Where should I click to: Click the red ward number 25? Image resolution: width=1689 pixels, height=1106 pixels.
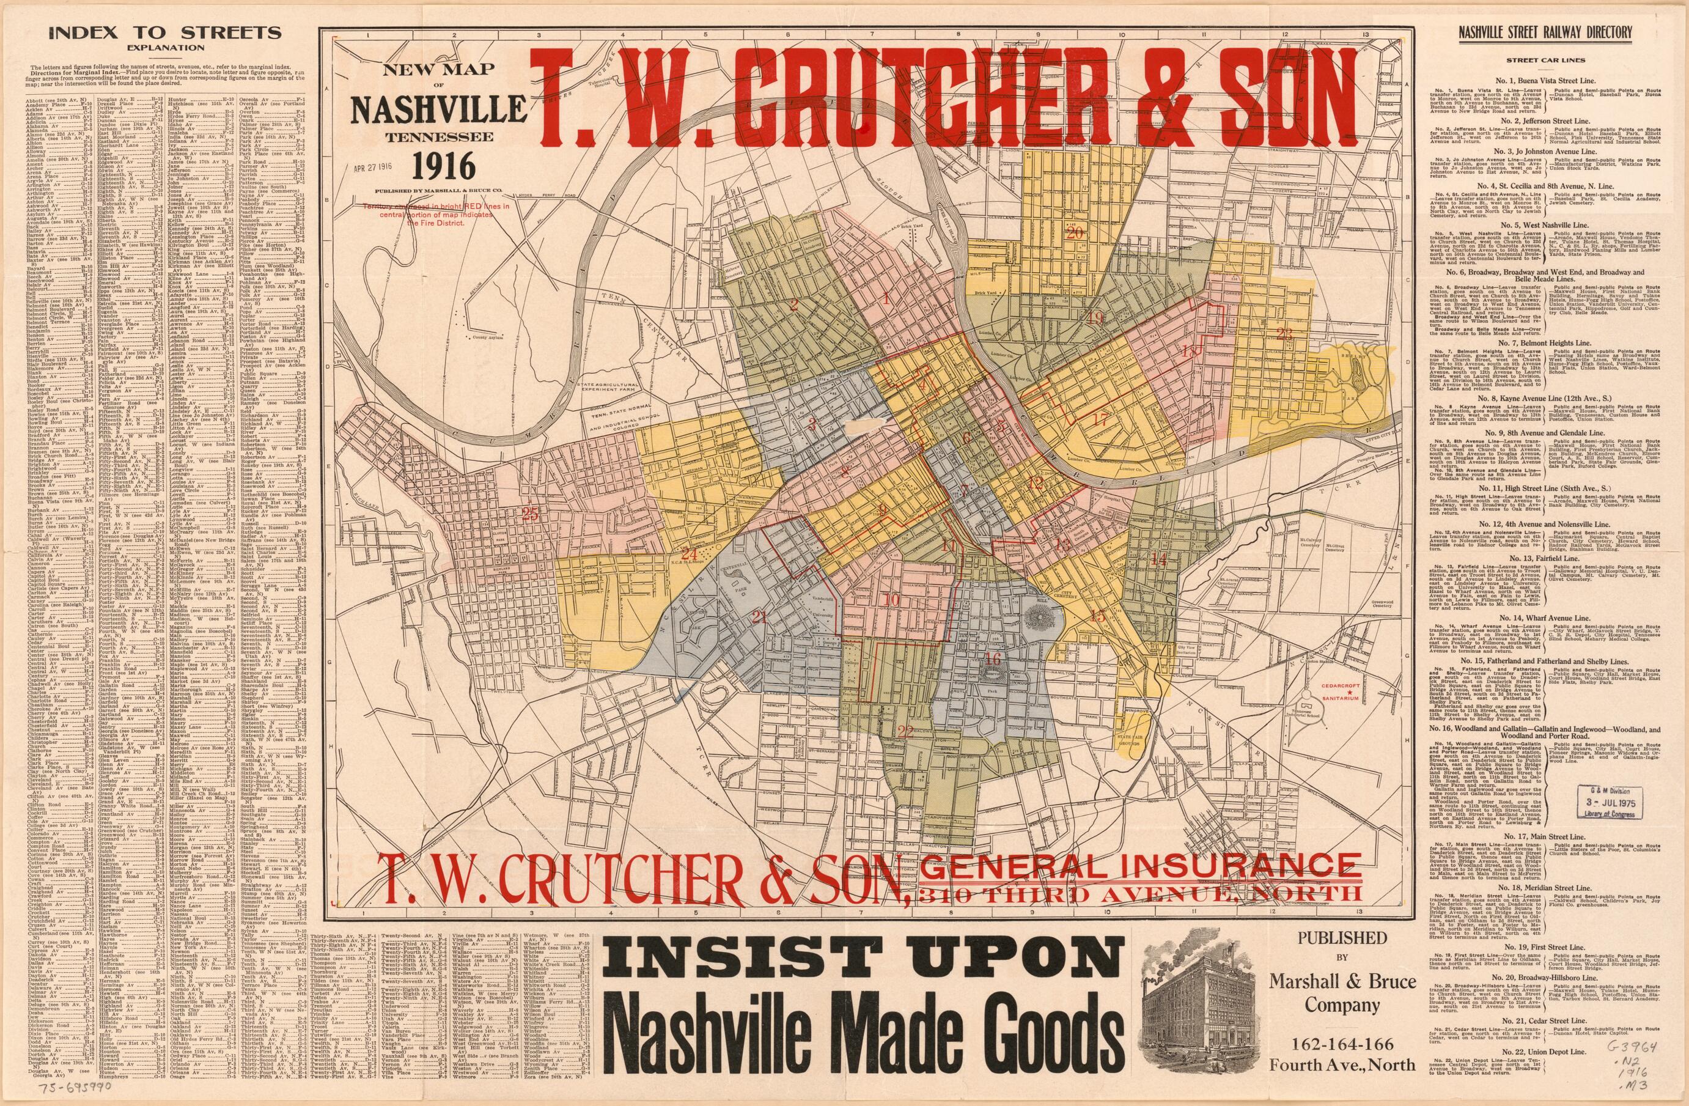click(x=529, y=514)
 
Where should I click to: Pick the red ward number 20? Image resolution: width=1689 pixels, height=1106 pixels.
click(x=1075, y=233)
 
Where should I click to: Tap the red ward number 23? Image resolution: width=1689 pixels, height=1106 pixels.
click(x=1284, y=334)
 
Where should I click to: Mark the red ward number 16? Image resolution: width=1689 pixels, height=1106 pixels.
click(x=993, y=660)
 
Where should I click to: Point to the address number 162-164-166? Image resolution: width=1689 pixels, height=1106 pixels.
click(x=1341, y=1044)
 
